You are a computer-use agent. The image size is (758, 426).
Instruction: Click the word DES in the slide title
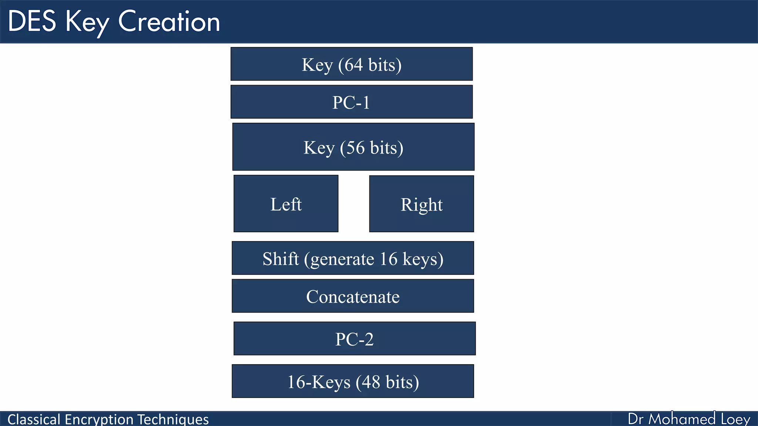(32, 21)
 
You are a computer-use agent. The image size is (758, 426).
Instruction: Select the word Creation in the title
(169, 21)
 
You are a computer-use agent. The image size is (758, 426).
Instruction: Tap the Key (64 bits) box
(352, 64)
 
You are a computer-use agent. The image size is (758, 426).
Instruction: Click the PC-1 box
(352, 102)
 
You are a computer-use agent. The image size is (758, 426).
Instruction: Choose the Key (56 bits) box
(353, 147)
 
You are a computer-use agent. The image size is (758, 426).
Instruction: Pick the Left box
(286, 204)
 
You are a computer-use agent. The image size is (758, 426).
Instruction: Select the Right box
(422, 204)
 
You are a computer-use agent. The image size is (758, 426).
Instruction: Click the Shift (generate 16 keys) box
(353, 258)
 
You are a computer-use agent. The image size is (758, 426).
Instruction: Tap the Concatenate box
(353, 296)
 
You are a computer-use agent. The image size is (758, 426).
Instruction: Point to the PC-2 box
(355, 339)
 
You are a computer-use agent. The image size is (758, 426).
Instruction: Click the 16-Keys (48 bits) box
(353, 381)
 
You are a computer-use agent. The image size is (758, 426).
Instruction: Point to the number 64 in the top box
(353, 65)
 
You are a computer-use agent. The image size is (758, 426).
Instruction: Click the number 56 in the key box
(355, 148)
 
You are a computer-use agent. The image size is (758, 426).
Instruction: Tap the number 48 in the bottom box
(371, 382)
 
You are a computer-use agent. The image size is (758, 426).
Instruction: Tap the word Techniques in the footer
(173, 419)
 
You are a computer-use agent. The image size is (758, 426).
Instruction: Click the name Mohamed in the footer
(682, 419)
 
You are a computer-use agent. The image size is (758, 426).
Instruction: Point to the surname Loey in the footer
(735, 419)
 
